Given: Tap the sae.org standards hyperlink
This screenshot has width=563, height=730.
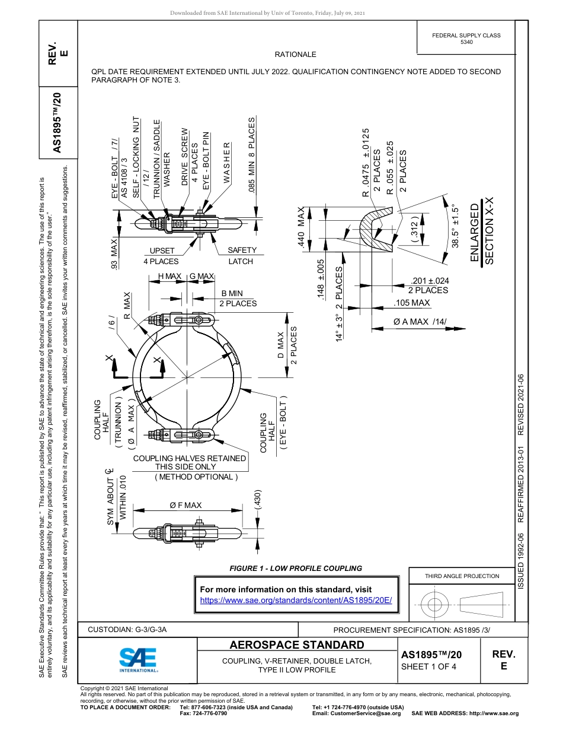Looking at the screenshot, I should (x=296, y=600).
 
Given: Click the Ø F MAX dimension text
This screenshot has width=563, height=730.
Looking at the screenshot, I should (x=185, y=505).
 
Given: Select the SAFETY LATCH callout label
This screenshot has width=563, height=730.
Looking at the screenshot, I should (x=241, y=256).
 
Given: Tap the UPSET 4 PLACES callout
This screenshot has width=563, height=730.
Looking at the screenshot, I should (x=161, y=256).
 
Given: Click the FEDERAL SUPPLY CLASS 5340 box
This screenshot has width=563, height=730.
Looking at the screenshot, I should (x=466, y=39).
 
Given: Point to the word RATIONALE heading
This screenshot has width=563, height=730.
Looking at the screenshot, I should (x=295, y=55).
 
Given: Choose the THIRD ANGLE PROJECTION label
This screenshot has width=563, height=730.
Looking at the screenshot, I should (x=462, y=576).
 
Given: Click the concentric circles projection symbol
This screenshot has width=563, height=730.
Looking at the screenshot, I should (x=434, y=605).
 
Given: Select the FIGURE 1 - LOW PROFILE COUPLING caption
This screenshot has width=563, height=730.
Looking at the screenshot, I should (x=295, y=569).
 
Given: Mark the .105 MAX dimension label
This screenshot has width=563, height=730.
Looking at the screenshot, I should (x=412, y=303).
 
